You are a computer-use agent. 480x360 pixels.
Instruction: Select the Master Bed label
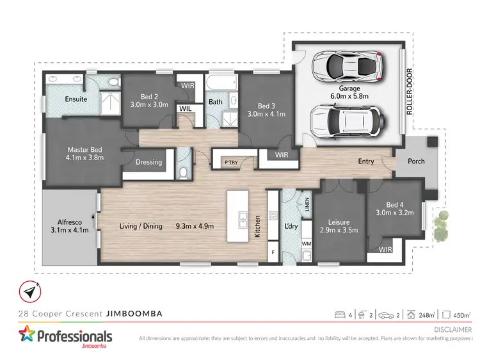pyautogui.click(x=85, y=154)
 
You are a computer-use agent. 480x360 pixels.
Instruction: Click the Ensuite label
pyautogui.click(x=76, y=99)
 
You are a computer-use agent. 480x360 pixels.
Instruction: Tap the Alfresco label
pyautogui.click(x=70, y=222)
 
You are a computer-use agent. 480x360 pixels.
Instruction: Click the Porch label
pyautogui.click(x=416, y=161)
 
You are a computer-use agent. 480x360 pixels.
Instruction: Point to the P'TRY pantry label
pyautogui.click(x=230, y=162)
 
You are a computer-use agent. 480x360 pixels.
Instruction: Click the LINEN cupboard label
pyautogui.click(x=307, y=204)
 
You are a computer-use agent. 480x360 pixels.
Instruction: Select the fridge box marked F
pyautogui.click(x=273, y=254)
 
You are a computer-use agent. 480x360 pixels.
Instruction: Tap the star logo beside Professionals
pyautogui.click(x=27, y=336)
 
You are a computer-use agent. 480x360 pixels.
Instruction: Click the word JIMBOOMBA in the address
pyautogui.click(x=134, y=313)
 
